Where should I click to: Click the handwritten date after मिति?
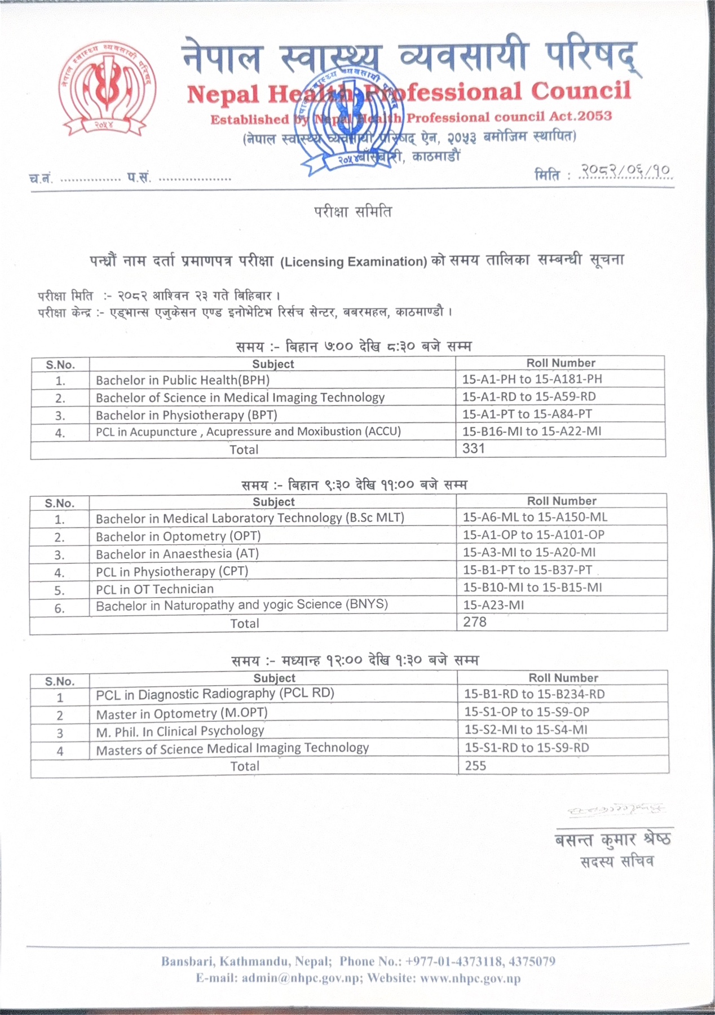click(626, 171)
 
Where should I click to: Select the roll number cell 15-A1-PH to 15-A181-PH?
click(532, 379)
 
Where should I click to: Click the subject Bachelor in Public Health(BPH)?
click(183, 381)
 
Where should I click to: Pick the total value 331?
click(473, 449)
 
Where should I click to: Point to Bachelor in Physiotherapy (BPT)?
click(187, 416)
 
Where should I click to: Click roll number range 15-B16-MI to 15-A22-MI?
click(532, 432)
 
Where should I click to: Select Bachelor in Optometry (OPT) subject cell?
click(178, 536)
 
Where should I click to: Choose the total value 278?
click(475, 622)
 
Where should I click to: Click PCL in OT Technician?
click(155, 589)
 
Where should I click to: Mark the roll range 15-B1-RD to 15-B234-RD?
click(534, 694)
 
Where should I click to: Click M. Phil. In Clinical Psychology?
click(180, 731)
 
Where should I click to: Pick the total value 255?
click(475, 766)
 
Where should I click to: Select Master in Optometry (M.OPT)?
click(182, 713)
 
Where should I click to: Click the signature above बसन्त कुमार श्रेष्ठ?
click(616, 810)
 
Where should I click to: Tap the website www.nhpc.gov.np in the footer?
click(470, 978)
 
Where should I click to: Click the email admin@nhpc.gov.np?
click(301, 978)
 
